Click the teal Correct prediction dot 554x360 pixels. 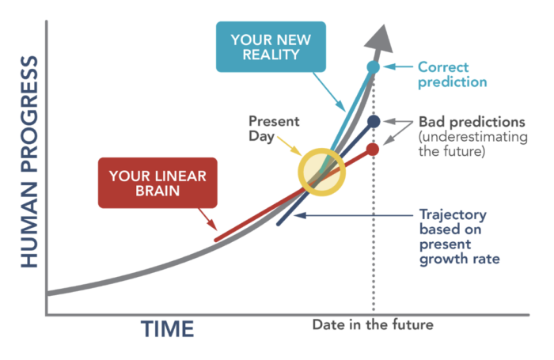pos(373,66)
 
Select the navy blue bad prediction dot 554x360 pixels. pos(374,122)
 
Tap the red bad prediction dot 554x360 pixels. pos(373,150)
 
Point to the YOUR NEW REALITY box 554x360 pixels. pos(271,47)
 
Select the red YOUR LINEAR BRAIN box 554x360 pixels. pos(157,183)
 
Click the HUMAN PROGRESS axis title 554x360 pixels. pos(29,161)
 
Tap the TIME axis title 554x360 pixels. pos(168,329)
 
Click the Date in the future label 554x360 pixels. pos(373,324)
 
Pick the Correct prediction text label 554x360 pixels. pos(452,74)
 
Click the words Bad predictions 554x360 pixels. pos(472,122)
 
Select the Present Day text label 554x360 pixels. pos(274,129)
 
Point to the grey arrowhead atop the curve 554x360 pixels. pos(380,38)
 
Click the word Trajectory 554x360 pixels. pos(453,214)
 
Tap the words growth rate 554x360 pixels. pos(460,259)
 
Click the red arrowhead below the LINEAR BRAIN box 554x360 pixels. pos(212,225)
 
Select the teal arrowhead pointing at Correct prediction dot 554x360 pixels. pos(389,66)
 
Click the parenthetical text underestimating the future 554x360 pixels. pos(473,144)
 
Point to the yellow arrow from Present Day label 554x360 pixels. pos(290,146)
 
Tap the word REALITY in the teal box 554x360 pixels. pos(271,55)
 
